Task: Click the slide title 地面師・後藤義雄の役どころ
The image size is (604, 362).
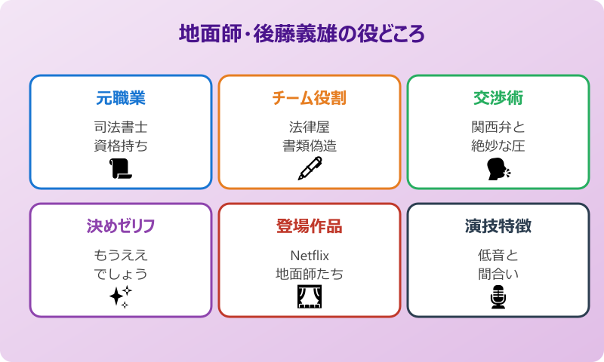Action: (x=301, y=35)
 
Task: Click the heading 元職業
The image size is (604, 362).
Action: (x=121, y=98)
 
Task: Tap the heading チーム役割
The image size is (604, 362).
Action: (x=309, y=98)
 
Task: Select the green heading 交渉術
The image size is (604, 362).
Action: (x=498, y=98)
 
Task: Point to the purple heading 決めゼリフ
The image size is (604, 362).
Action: (x=121, y=226)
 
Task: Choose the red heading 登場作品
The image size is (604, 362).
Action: (x=309, y=226)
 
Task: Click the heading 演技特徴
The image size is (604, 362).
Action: (x=498, y=226)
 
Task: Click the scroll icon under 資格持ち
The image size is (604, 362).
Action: (x=121, y=169)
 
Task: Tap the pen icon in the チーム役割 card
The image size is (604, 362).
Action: (x=309, y=169)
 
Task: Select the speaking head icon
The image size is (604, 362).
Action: (x=498, y=169)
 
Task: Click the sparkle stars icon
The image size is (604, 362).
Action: (x=121, y=296)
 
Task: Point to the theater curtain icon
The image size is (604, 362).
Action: (x=309, y=297)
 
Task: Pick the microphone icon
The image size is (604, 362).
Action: (x=498, y=297)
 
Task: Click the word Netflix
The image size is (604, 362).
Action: (x=309, y=255)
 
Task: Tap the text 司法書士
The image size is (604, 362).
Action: (x=121, y=127)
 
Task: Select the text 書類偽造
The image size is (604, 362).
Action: (x=309, y=146)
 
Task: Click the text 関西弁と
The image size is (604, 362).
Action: (x=498, y=127)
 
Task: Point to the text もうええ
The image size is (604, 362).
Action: (x=121, y=255)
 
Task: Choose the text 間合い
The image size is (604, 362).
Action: (x=498, y=275)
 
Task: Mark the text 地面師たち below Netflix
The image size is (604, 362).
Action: (x=309, y=275)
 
